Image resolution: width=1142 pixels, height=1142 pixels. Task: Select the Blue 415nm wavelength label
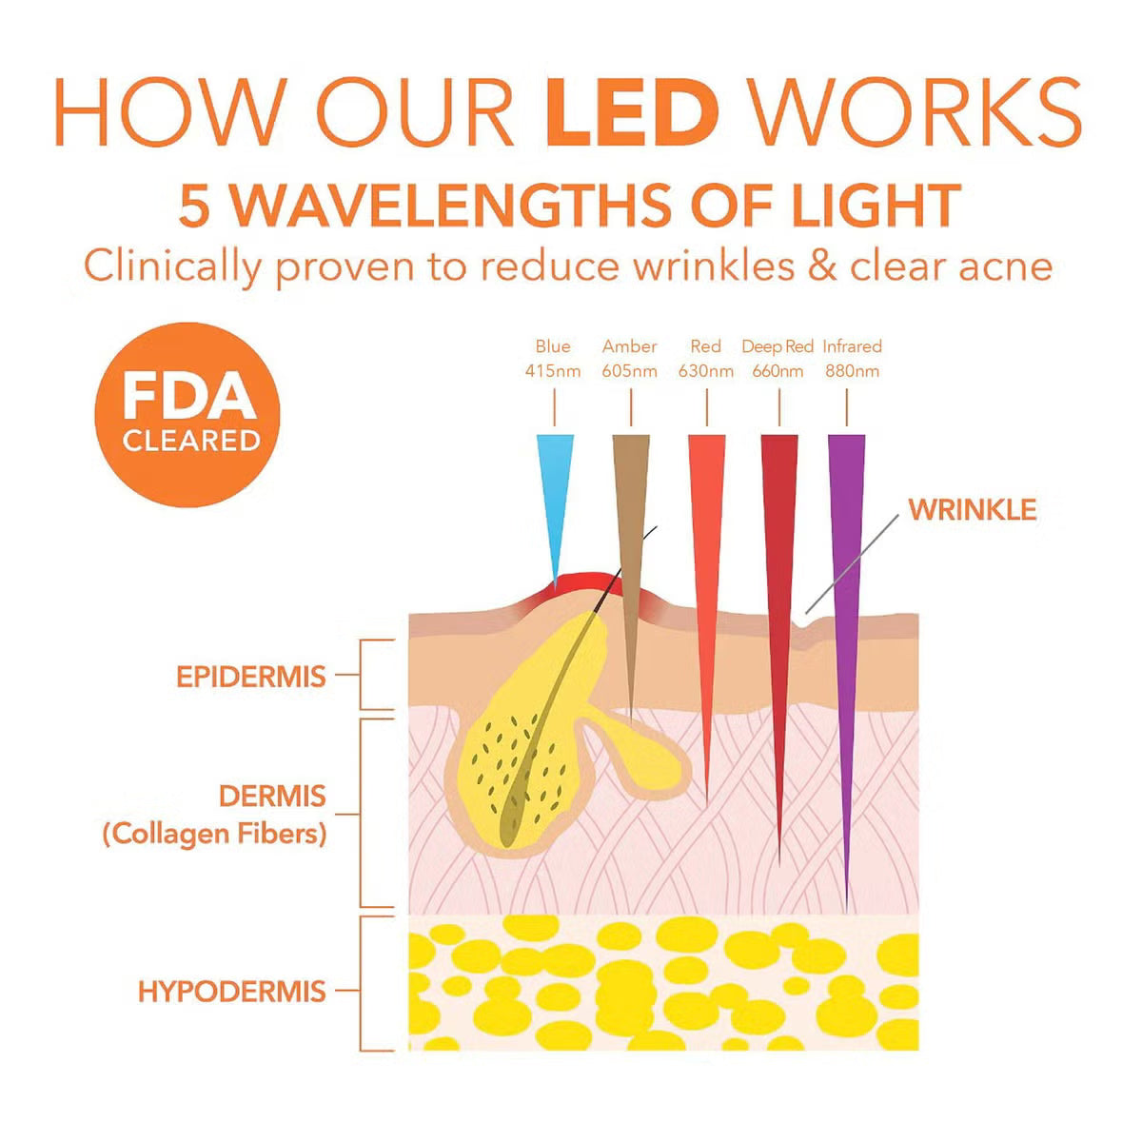553,359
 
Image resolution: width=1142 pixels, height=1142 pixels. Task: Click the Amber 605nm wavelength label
629,359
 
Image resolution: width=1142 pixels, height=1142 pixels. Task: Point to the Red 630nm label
705,359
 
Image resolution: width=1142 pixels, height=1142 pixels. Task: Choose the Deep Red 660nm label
778,359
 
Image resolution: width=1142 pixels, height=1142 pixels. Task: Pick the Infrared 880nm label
852,359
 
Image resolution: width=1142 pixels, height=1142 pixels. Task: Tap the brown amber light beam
630,533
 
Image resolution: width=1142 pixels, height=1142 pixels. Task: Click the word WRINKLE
972,509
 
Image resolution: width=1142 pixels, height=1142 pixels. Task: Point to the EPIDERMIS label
251,677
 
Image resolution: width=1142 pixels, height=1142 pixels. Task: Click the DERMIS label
272,796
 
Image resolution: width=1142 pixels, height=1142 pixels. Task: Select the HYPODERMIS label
232,992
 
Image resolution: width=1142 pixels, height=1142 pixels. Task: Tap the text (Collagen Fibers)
214,835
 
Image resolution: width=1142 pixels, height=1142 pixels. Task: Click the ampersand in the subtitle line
821,266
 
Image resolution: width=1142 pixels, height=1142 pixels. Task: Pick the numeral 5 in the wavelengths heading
194,207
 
